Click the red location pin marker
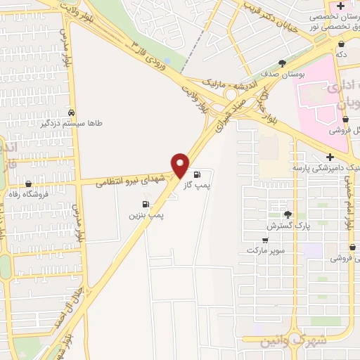pyautogui.click(x=181, y=165)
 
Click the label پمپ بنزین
pyautogui.click(x=146, y=216)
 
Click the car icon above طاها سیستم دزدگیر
pyautogui.click(x=72, y=112)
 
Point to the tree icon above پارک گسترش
pyautogui.click(x=288, y=214)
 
